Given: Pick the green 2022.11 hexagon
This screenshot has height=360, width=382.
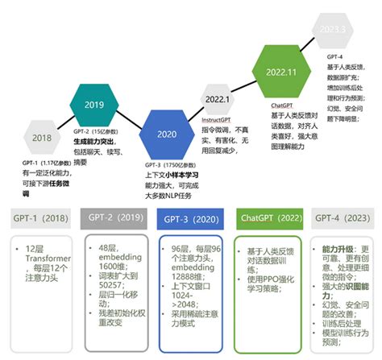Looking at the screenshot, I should (x=281, y=71).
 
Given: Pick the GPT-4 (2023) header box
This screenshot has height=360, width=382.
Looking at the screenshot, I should (x=339, y=218).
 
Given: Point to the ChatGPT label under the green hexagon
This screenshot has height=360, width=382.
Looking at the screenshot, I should (x=281, y=105).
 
